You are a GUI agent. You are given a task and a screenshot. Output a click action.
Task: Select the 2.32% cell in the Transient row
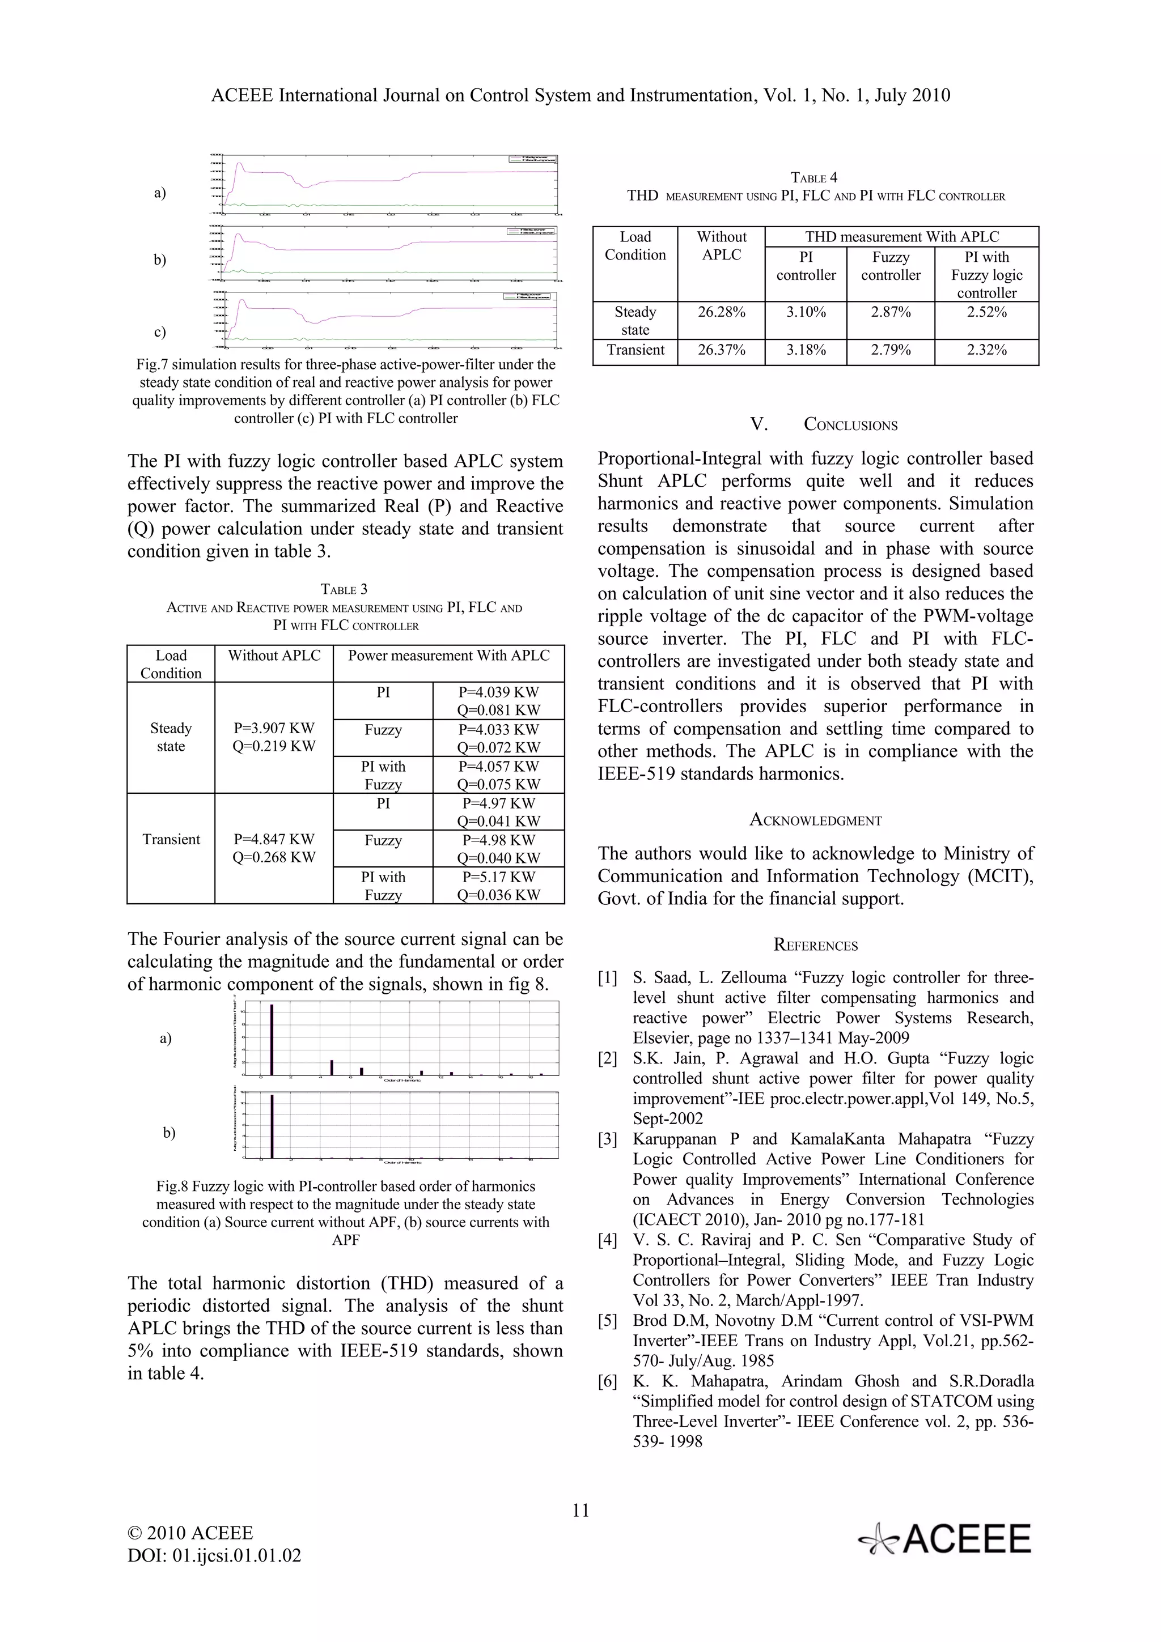[x=986, y=350]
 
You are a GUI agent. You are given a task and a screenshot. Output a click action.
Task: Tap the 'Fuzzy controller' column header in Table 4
[x=891, y=266]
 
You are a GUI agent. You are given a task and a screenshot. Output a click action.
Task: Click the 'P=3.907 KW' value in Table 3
[x=274, y=728]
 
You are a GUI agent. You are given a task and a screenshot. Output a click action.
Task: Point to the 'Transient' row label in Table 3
[x=171, y=840]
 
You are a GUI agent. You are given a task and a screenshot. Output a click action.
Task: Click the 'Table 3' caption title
[x=344, y=589]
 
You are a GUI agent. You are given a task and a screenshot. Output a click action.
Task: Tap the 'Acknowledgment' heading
[x=816, y=820]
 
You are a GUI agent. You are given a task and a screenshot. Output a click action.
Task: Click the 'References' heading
[x=816, y=946]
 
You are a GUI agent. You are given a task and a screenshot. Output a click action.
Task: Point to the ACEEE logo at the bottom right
[x=946, y=1539]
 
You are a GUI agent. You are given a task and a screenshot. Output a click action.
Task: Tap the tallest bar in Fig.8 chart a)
[x=272, y=1039]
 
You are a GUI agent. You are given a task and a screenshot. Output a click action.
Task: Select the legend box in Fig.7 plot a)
[x=532, y=159]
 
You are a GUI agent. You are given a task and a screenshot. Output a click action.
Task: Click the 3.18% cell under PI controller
[x=806, y=350]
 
